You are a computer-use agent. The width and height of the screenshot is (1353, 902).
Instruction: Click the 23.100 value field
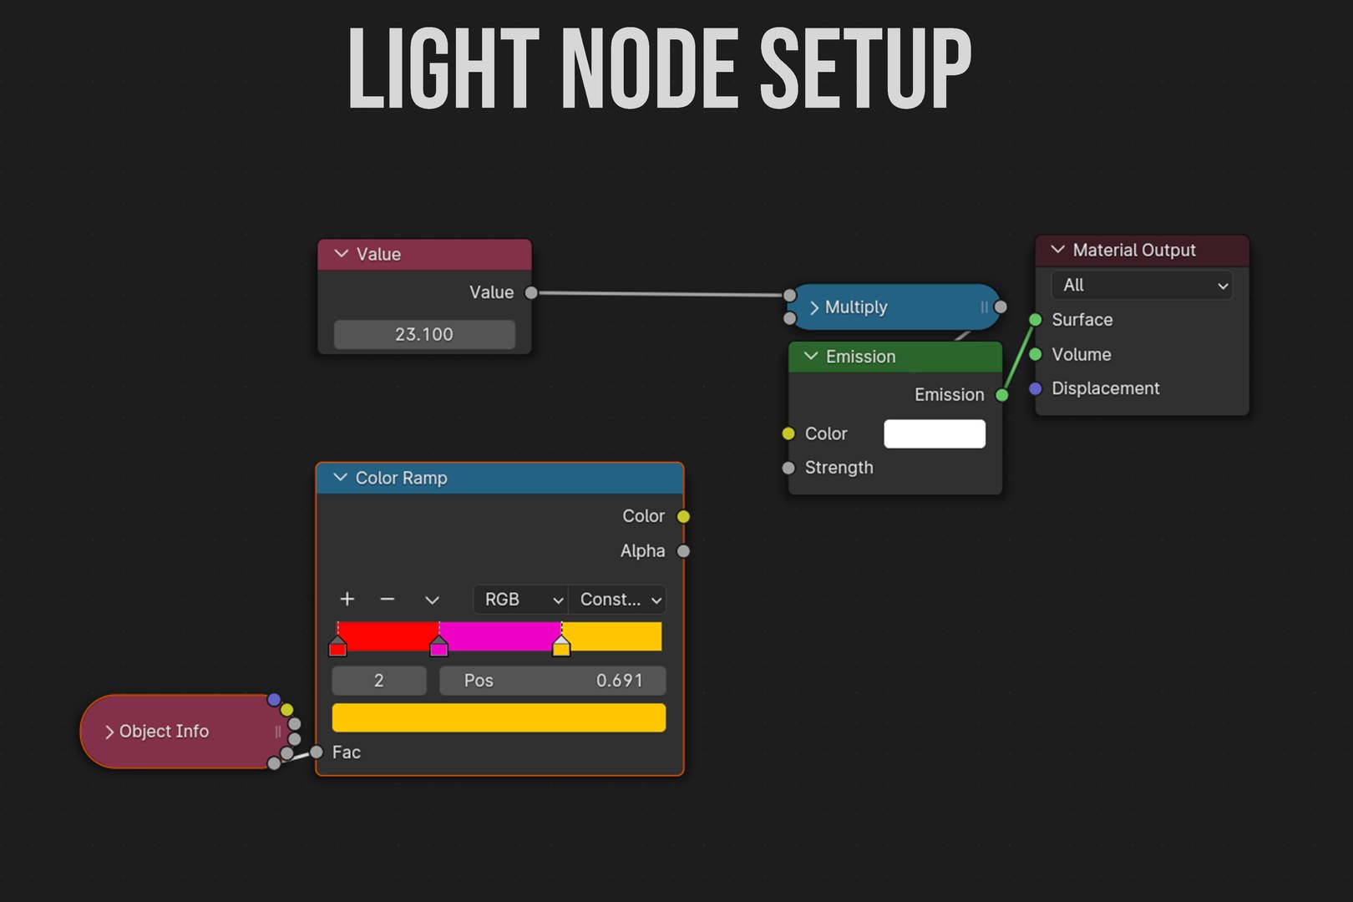pyautogui.click(x=424, y=334)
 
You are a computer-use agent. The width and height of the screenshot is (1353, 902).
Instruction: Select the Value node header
pyautogui.click(x=424, y=255)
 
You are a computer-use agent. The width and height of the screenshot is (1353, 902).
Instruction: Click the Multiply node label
pyautogui.click(x=856, y=307)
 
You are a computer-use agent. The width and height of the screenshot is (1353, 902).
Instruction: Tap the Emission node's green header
pyautogui.click(x=895, y=357)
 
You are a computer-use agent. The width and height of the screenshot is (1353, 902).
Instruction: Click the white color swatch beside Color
pyautogui.click(x=935, y=433)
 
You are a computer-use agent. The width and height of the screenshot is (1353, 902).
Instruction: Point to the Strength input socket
pyautogui.click(x=788, y=468)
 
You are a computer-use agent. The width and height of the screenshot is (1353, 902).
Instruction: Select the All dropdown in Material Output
pyautogui.click(x=1142, y=285)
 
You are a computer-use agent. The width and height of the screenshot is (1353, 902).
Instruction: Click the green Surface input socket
pyautogui.click(x=1036, y=320)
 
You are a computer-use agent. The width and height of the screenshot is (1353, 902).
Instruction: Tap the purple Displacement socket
pyautogui.click(x=1036, y=388)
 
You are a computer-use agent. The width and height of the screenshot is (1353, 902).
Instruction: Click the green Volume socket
pyautogui.click(x=1036, y=354)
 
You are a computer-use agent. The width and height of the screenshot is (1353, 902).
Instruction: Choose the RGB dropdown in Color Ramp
pyautogui.click(x=520, y=600)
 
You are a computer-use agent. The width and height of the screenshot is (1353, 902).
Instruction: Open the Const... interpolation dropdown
pyautogui.click(x=617, y=600)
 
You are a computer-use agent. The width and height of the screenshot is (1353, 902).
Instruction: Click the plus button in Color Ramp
pyautogui.click(x=347, y=600)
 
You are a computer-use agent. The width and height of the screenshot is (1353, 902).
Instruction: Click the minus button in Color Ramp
pyautogui.click(x=388, y=600)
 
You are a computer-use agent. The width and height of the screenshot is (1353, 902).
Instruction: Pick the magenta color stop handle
pyautogui.click(x=438, y=646)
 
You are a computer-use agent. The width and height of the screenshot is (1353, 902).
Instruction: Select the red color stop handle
pyautogui.click(x=337, y=646)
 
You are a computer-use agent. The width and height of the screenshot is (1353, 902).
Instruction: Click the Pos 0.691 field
pyautogui.click(x=553, y=681)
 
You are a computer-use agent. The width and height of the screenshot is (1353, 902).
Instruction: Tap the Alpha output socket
pyautogui.click(x=683, y=551)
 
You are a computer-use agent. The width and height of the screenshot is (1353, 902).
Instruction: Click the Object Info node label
pyautogui.click(x=164, y=731)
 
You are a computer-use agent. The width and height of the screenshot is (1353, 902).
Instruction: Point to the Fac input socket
pyautogui.click(x=317, y=753)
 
